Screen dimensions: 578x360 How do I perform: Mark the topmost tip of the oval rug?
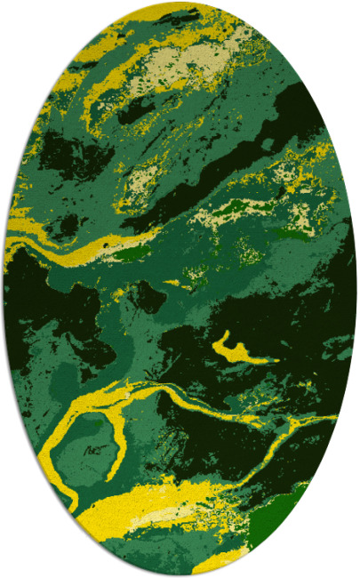180,3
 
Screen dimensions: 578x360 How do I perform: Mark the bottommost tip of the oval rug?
180,575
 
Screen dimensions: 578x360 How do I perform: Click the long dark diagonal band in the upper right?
258,142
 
